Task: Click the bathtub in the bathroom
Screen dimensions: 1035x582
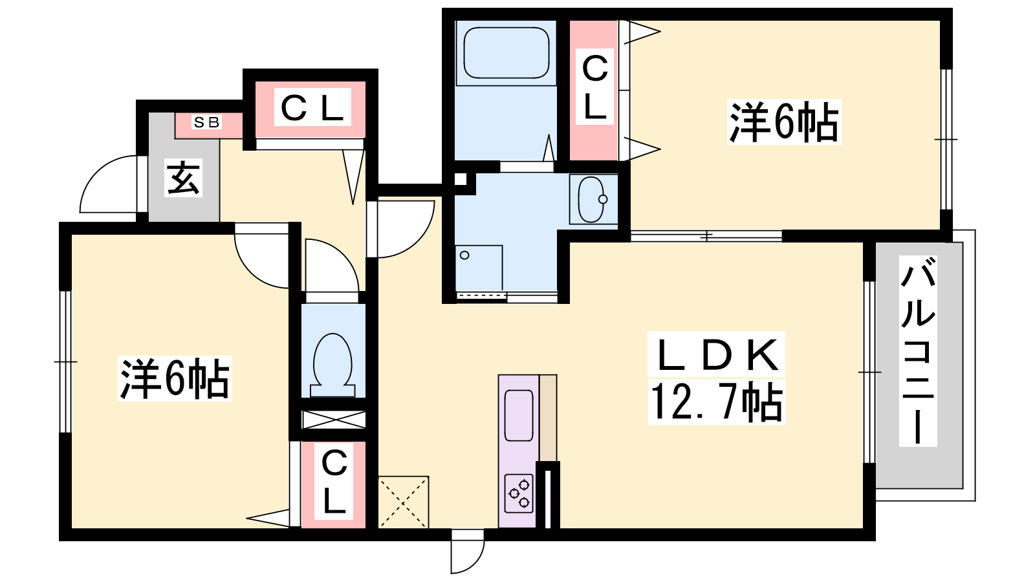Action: (506, 52)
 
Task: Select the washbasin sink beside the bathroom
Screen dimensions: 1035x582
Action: (591, 199)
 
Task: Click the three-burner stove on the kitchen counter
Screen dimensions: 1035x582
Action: (519, 493)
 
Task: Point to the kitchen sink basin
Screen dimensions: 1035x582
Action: (519, 415)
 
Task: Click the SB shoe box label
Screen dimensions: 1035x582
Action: (206, 122)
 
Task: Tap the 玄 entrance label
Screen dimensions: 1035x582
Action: (184, 178)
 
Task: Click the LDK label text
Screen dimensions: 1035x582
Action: (716, 354)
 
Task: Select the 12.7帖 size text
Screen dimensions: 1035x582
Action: (717, 402)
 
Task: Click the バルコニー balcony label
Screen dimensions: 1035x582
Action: (918, 350)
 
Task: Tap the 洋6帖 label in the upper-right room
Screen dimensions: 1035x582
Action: (783, 122)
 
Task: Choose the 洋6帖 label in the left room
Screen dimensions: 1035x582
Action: (175, 378)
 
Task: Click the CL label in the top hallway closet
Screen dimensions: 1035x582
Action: (312, 107)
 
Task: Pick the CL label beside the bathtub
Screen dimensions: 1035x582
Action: (594, 87)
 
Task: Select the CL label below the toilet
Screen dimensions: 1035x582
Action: (334, 481)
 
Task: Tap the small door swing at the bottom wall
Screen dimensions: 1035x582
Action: (468, 552)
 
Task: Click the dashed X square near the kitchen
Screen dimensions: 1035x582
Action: (404, 502)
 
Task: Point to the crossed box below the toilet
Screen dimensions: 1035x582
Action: (334, 420)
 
